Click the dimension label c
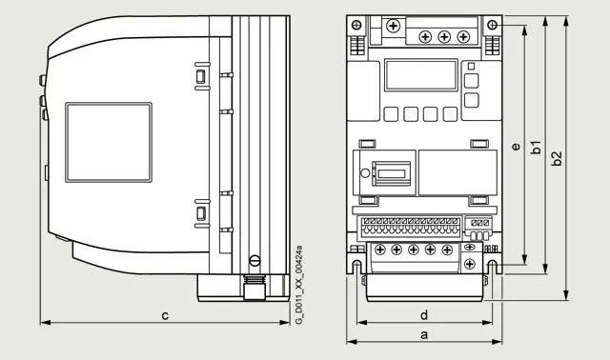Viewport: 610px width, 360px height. point(165,315)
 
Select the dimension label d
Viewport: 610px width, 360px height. point(424,315)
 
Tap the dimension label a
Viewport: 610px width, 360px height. point(424,334)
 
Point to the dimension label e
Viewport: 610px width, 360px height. point(516,147)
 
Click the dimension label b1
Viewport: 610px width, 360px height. point(536,148)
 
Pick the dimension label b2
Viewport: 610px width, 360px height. point(557,158)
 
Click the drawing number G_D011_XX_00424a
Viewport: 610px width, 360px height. point(298,285)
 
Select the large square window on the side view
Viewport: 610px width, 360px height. point(109,142)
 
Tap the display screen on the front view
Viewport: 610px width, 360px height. point(421,75)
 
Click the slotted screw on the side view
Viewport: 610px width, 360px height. point(254,260)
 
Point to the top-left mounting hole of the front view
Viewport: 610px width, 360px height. point(356,26)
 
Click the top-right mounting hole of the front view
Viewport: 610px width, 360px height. point(492,26)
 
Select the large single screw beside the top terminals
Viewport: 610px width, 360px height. point(394,26)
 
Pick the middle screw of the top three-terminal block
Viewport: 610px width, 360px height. point(444,37)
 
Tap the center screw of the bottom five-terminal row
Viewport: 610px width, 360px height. point(413,250)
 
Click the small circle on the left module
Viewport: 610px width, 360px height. point(365,173)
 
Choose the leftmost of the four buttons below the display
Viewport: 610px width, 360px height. point(391,114)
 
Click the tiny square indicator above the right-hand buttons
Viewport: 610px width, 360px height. point(471,66)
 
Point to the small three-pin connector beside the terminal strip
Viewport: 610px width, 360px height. point(478,230)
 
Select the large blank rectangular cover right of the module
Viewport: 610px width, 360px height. point(457,172)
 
